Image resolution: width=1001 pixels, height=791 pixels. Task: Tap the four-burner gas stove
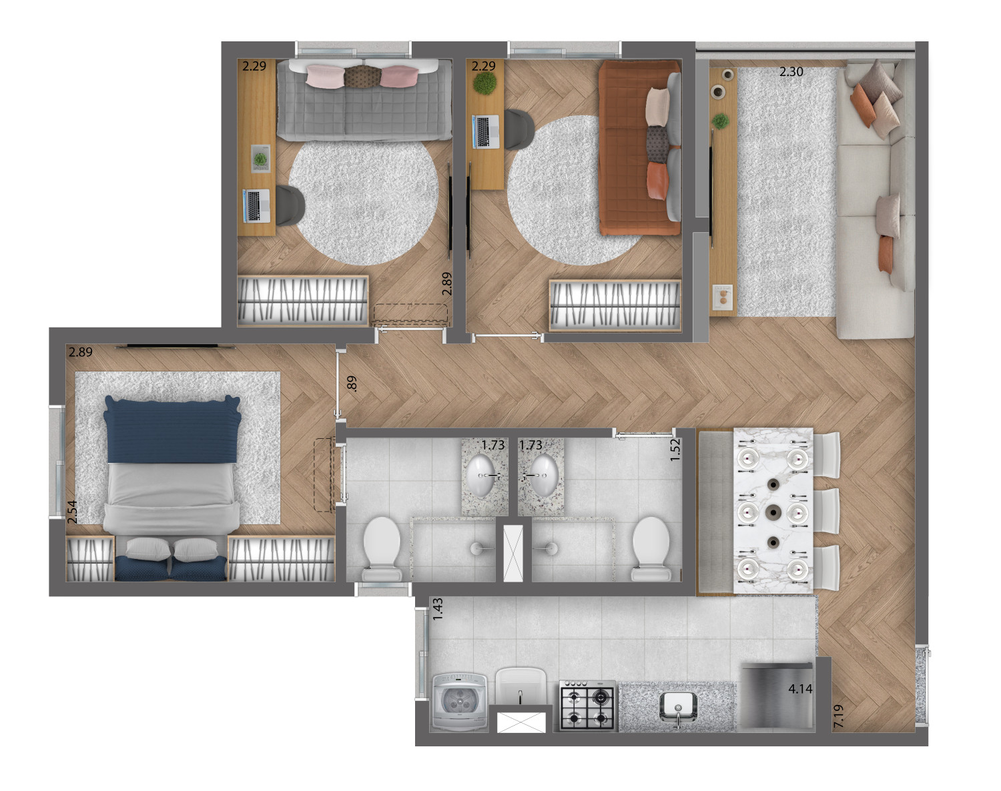[x=587, y=704]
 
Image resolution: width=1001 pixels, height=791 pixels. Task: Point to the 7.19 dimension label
[x=839, y=716]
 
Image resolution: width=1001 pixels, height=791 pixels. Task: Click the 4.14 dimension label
[x=800, y=689]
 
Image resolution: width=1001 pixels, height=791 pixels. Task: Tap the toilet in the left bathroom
[x=382, y=549]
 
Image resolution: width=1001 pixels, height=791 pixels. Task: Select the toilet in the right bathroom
[x=651, y=549]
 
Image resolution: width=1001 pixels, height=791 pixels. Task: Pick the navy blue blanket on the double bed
[x=172, y=430]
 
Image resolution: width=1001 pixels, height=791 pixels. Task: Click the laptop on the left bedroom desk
[x=256, y=205]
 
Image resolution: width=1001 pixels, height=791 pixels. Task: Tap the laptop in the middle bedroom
[x=486, y=131]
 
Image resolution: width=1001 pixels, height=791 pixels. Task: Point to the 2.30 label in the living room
[x=791, y=71]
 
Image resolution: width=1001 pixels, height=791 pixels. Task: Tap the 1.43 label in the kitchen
[x=438, y=609]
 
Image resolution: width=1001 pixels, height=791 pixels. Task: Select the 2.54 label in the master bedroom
[x=72, y=512]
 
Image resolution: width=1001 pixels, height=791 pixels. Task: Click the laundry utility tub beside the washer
[x=521, y=686]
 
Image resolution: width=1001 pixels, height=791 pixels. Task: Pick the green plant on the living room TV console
[x=721, y=121]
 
